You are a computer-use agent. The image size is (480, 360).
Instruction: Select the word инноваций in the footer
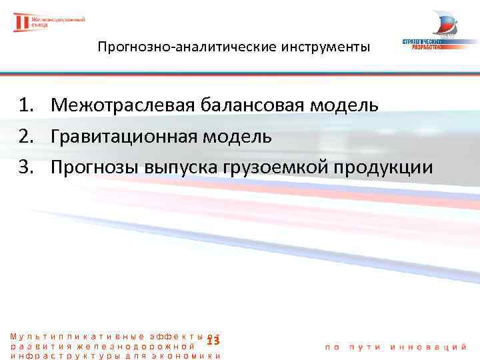436,347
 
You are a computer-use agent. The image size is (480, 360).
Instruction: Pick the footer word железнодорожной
137,346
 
